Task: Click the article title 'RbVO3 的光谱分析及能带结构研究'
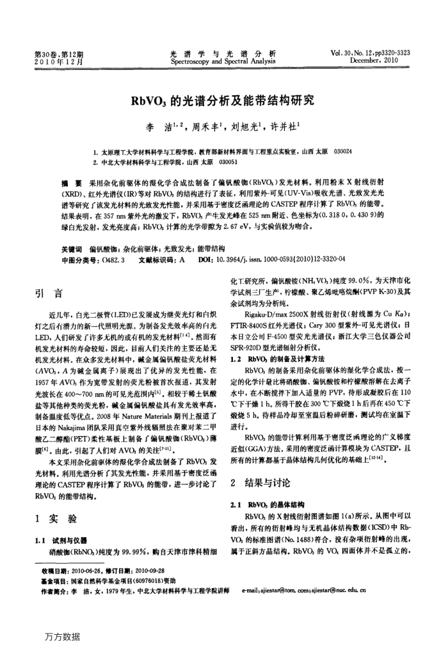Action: click(223, 100)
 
